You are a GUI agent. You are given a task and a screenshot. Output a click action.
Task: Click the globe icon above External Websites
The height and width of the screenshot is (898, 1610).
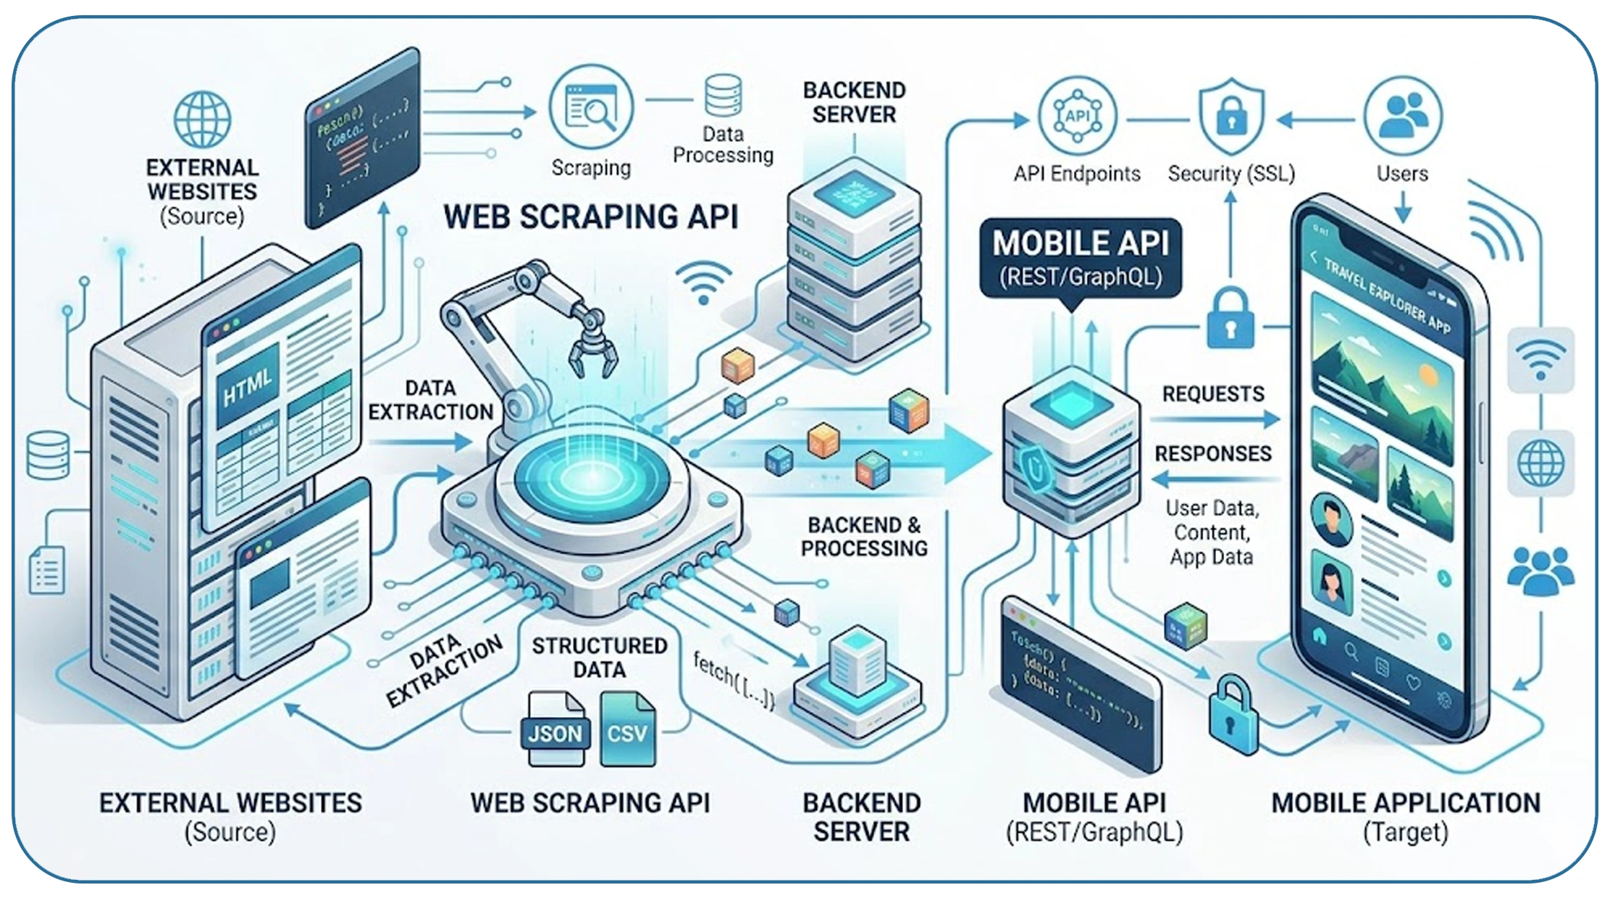(x=202, y=119)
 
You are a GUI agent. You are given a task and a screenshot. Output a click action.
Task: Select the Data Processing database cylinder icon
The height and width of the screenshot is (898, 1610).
(x=723, y=96)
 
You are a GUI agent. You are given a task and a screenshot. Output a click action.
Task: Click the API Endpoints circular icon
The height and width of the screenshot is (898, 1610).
(x=1077, y=116)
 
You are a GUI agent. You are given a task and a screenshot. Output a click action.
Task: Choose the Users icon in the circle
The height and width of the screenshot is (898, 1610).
(x=1403, y=116)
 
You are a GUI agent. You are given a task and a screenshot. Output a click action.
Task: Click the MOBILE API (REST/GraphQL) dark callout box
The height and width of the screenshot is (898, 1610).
(x=1080, y=259)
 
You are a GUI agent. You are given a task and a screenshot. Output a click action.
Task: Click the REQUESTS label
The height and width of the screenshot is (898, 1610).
(x=1213, y=394)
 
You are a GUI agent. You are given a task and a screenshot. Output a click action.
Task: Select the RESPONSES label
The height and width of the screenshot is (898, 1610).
(x=1213, y=454)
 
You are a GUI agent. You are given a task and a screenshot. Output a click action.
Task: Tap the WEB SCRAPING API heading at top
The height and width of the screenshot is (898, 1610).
(x=590, y=217)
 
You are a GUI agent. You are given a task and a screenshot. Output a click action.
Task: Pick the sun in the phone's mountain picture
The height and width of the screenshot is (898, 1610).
(x=1428, y=375)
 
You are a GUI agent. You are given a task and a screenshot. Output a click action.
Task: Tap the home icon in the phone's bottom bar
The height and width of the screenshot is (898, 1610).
(x=1319, y=637)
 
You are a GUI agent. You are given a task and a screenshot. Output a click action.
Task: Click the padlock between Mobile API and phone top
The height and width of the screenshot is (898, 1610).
(x=1230, y=319)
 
